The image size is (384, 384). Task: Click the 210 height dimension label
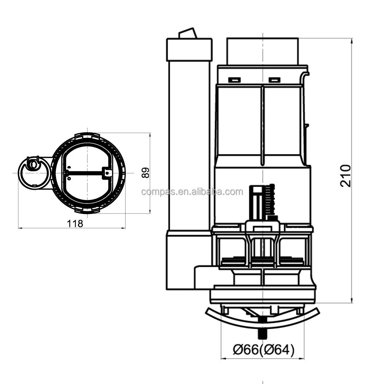[x=346, y=176]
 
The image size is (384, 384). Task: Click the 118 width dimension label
[x=75, y=223]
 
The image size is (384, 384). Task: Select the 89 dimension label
[x=146, y=173]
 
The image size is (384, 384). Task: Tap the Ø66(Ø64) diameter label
[x=263, y=350]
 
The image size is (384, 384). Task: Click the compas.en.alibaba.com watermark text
[x=192, y=192]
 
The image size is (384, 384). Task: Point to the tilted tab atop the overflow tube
[x=188, y=33]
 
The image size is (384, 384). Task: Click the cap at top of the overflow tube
[x=189, y=50]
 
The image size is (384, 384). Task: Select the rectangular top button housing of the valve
[x=263, y=51]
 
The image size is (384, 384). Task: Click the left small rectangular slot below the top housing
[x=234, y=80]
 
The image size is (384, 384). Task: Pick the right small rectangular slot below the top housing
[x=274, y=80]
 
